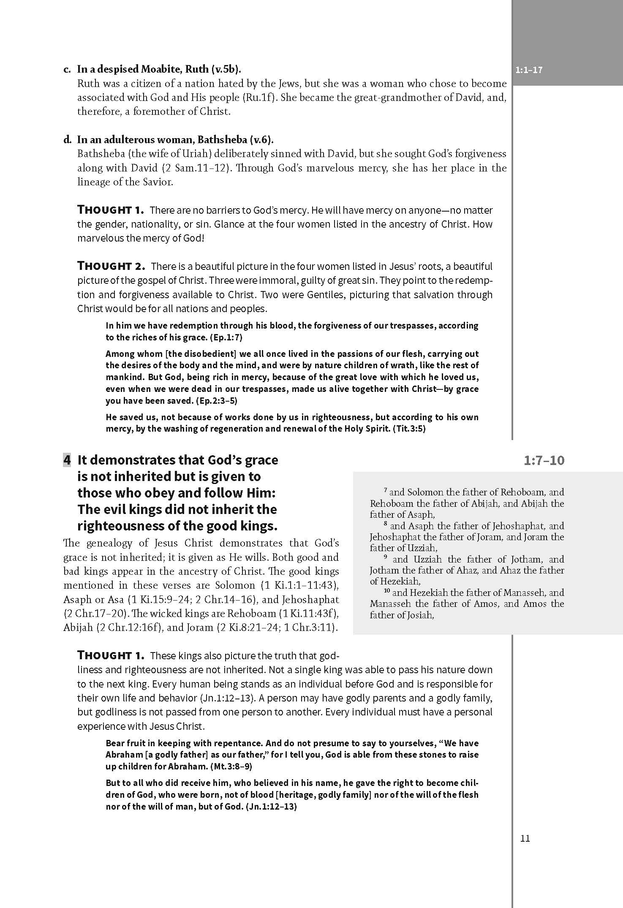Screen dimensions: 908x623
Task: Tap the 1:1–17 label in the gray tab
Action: point(529,70)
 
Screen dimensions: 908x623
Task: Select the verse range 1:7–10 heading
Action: point(544,460)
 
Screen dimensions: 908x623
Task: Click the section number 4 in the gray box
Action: point(67,459)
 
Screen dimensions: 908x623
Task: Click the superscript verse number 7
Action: point(385,490)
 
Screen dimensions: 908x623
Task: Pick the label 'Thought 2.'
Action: point(112,266)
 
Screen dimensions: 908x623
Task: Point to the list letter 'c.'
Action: point(67,69)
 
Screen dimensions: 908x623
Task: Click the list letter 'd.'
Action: point(67,140)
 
